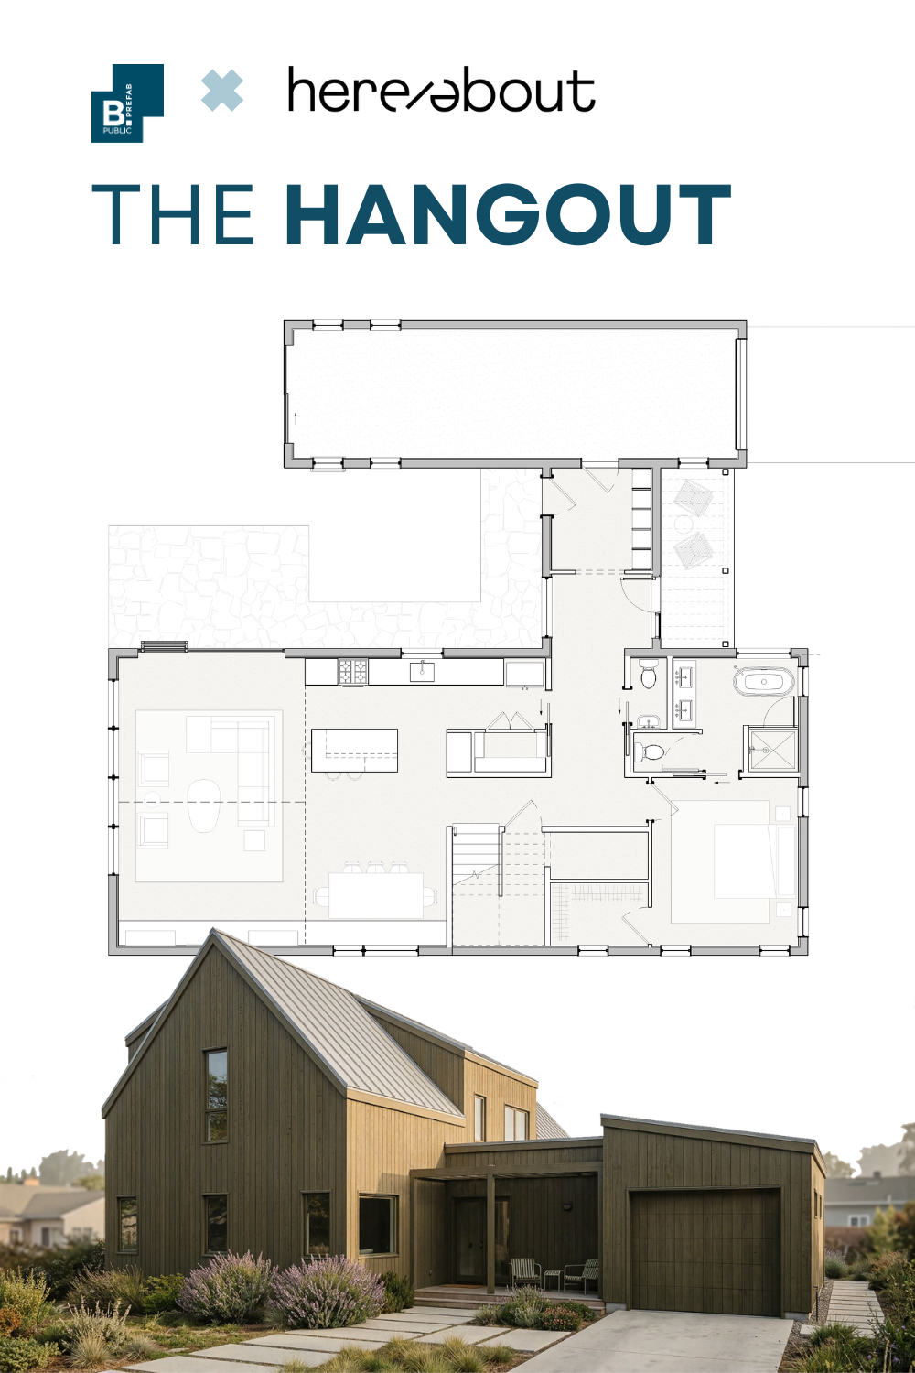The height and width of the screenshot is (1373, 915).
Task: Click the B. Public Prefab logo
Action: [x=127, y=103]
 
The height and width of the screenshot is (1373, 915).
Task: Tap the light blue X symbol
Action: [x=221, y=91]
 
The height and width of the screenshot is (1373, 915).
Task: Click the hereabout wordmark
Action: [x=441, y=91]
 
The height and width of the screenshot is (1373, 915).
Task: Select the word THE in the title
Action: [x=173, y=214]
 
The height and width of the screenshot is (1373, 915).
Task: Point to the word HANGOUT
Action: [x=508, y=214]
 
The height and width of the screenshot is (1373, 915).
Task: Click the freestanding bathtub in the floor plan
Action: [x=764, y=682]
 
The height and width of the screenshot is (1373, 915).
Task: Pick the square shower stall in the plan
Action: [x=771, y=749]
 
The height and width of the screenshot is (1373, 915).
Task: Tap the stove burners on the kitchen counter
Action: [x=353, y=671]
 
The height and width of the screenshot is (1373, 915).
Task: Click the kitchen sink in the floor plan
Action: [x=422, y=671]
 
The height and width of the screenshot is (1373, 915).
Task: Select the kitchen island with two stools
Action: [x=354, y=750]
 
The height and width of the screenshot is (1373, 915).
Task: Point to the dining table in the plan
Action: [x=376, y=895]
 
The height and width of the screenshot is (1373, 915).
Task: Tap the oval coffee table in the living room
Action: [x=203, y=805]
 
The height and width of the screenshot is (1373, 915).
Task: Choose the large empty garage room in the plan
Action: [x=515, y=393]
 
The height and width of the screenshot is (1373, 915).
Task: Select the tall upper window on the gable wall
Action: [x=215, y=1095]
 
